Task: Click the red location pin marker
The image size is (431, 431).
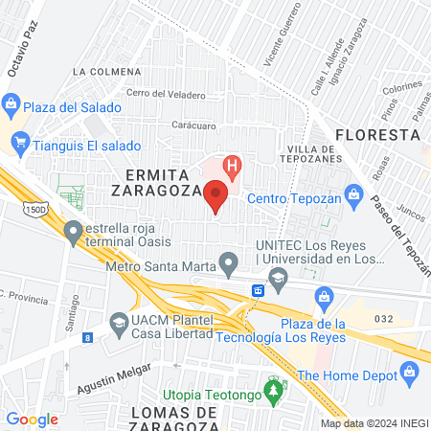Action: click(x=215, y=197)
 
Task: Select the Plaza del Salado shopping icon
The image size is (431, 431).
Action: click(x=11, y=103)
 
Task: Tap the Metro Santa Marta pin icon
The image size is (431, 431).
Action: click(x=228, y=261)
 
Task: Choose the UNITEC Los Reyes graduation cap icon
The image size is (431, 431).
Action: click(x=278, y=281)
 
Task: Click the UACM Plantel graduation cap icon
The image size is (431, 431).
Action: click(x=119, y=323)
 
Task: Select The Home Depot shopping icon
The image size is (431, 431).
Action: click(x=412, y=371)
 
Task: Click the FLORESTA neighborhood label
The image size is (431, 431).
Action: click(x=379, y=133)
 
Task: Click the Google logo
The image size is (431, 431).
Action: click(x=32, y=419)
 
